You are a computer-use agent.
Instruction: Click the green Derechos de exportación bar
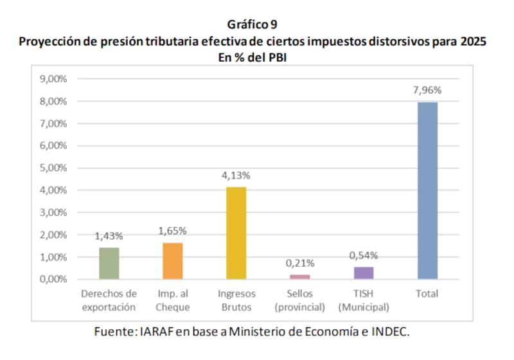point(109,263)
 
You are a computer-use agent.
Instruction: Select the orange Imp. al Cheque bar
point(172,260)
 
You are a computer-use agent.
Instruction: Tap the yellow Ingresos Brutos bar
point(236,233)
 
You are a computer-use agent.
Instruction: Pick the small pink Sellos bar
point(299,276)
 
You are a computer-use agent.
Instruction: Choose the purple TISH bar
point(364,273)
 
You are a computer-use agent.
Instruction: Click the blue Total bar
point(427,190)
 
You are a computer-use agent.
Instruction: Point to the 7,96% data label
point(427,90)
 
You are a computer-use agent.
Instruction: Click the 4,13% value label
point(236,175)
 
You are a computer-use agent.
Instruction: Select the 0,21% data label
point(299,264)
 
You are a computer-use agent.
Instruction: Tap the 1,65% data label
point(172,231)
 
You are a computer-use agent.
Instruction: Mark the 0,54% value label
point(364,255)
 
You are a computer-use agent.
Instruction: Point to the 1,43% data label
point(109,236)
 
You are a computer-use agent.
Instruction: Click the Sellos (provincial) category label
point(299,300)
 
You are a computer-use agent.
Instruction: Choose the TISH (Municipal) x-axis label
point(364,300)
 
